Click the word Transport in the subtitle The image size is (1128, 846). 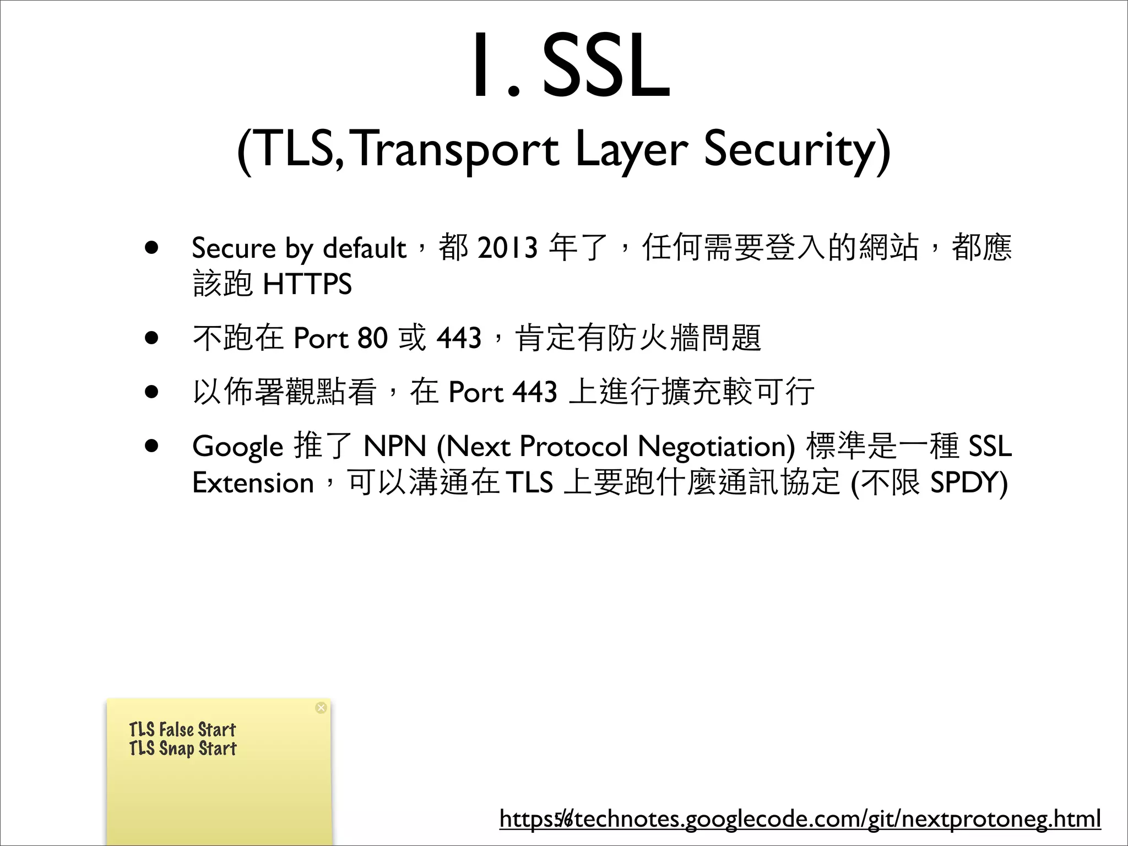454,149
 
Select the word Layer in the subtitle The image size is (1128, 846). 631,149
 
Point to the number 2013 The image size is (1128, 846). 507,248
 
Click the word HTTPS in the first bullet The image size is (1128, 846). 307,284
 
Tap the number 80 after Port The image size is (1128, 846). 372,338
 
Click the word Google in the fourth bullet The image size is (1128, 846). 237,447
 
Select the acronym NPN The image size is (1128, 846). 395,446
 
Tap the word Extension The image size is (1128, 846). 253,483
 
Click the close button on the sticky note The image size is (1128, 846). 321,708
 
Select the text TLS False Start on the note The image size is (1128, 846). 182,730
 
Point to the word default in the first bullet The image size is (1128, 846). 364,248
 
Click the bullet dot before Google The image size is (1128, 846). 152,446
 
